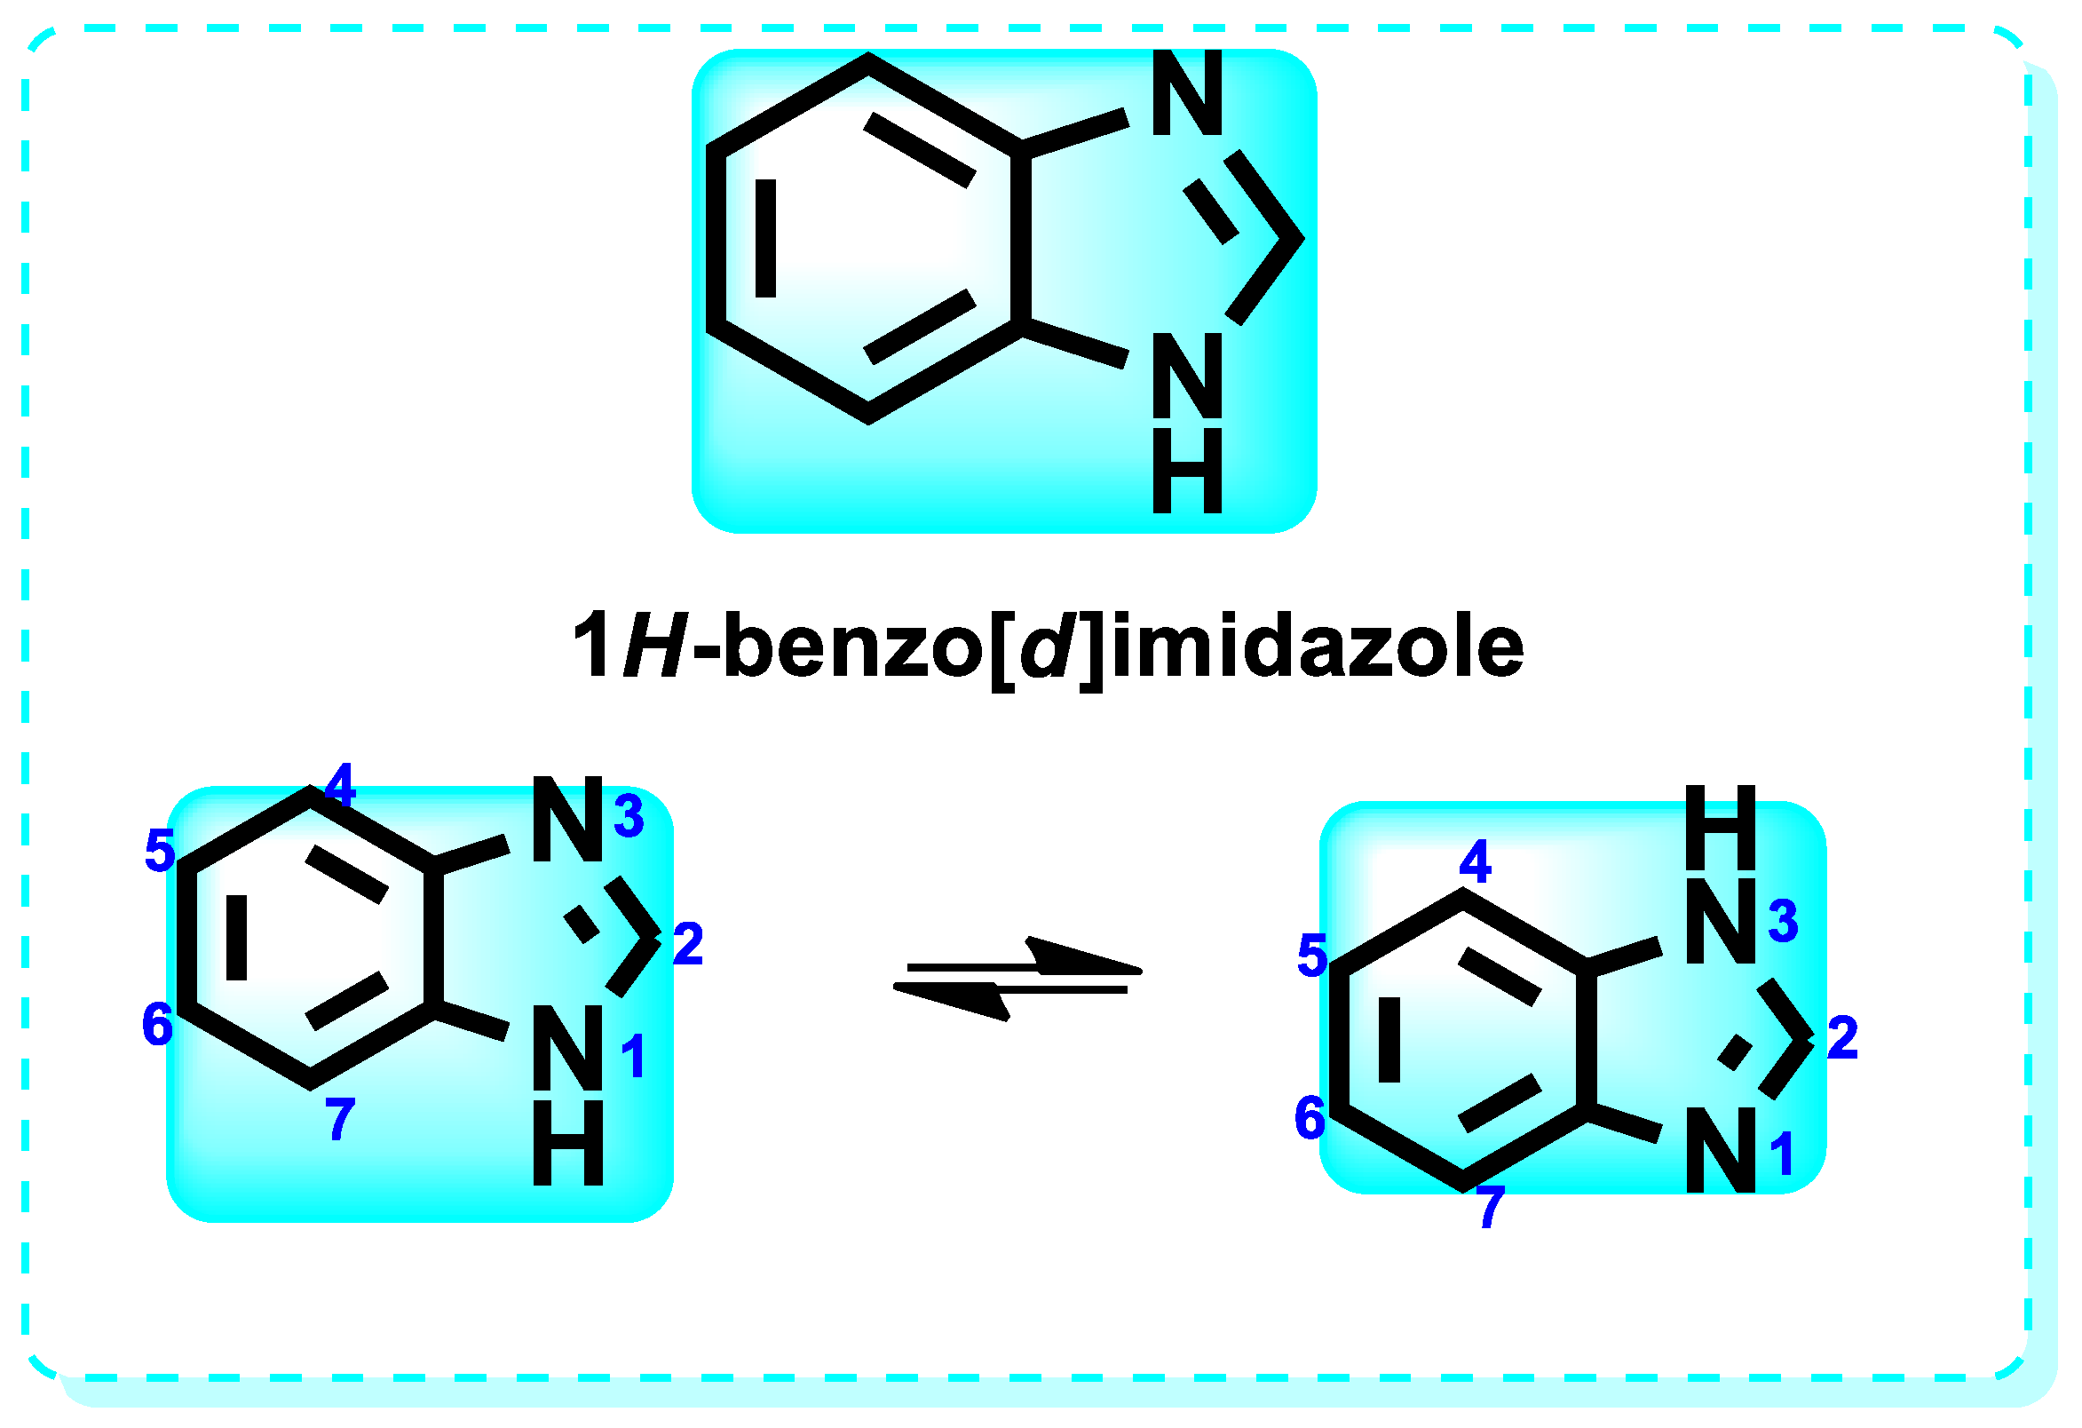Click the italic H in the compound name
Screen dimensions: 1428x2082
point(656,646)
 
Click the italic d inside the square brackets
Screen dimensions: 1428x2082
point(1047,646)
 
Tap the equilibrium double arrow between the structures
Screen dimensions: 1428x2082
point(1017,979)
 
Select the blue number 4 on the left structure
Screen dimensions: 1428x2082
point(340,785)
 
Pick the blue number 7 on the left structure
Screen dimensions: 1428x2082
point(340,1120)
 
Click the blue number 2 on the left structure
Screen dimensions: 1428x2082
point(688,944)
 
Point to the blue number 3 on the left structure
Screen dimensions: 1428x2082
point(629,816)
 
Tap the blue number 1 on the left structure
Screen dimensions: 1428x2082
point(633,1057)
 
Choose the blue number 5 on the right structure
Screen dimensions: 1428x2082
point(1312,955)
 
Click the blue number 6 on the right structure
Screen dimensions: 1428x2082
point(1310,1118)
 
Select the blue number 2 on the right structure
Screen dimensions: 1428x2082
point(1842,1038)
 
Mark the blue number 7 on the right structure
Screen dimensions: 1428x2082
point(1491,1206)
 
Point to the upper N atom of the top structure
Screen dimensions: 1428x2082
point(1187,93)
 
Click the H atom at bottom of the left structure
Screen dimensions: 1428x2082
point(568,1143)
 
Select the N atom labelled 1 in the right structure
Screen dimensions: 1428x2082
point(1720,1150)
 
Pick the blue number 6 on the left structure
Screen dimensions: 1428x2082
point(158,1024)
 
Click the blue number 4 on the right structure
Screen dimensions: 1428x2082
point(1476,861)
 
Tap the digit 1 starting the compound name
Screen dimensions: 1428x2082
point(592,646)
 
